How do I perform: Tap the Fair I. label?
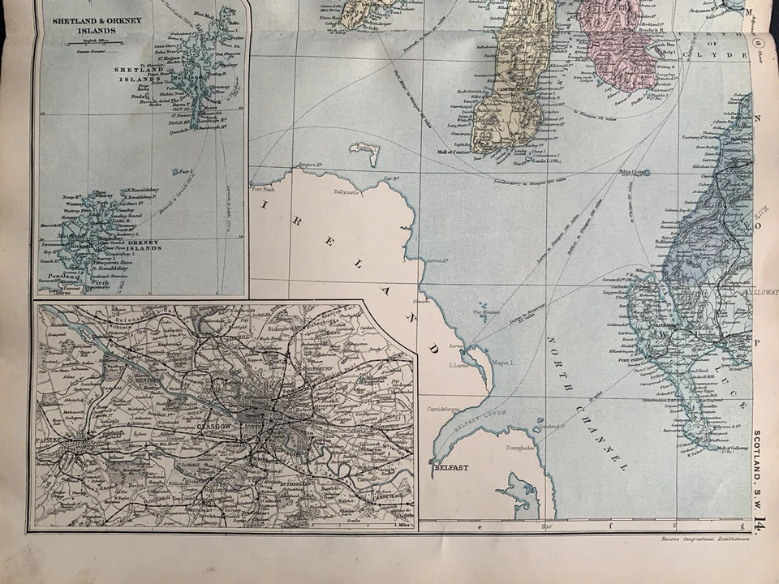186,172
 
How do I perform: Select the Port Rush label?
265,190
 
